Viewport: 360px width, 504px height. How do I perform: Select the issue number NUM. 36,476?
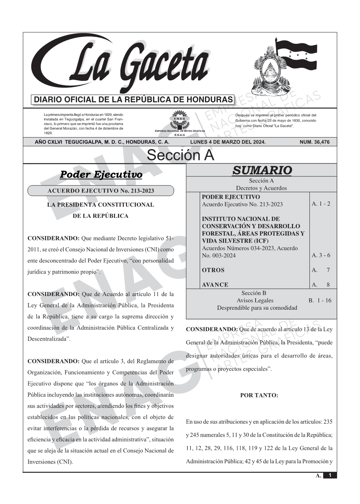(x=315, y=142)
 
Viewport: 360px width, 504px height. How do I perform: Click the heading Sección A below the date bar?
(x=180, y=155)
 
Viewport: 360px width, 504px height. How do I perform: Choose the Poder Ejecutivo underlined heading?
(x=101, y=175)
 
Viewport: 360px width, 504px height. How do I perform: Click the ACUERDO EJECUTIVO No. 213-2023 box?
(x=101, y=190)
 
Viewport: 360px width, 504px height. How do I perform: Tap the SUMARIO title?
(x=262, y=170)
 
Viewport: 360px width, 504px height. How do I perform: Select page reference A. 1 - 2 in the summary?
(x=321, y=204)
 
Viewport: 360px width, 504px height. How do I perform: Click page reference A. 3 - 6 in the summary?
(x=321, y=255)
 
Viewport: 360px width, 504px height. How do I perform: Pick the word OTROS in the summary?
(x=213, y=270)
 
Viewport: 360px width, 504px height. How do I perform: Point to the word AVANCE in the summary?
(x=215, y=285)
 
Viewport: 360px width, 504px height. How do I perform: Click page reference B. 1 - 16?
(x=320, y=300)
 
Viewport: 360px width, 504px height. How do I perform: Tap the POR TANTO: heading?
(x=259, y=395)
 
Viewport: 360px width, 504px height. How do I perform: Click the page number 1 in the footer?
(x=330, y=475)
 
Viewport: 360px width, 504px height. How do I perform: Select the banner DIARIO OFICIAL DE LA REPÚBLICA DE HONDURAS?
(x=133, y=100)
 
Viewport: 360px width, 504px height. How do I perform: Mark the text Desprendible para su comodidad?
(x=257, y=307)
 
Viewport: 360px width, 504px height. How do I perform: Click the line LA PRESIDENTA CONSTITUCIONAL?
(x=101, y=205)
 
